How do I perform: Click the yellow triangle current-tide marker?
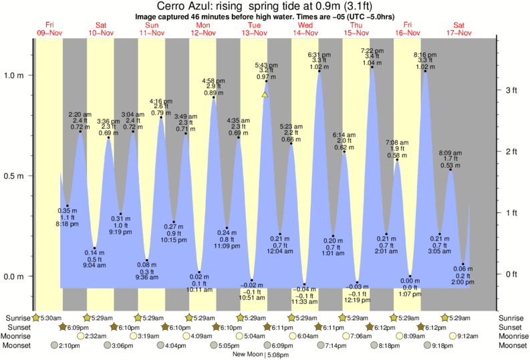coord(265,95)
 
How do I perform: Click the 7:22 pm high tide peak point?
coord(372,67)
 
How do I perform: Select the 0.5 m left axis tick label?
coord(15,176)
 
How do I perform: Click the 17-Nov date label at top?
coord(458,33)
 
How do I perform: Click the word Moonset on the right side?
coord(513,346)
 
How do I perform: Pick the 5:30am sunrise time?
coord(49,317)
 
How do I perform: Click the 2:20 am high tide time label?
coord(80,114)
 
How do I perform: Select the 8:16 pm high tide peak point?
coord(424,71)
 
